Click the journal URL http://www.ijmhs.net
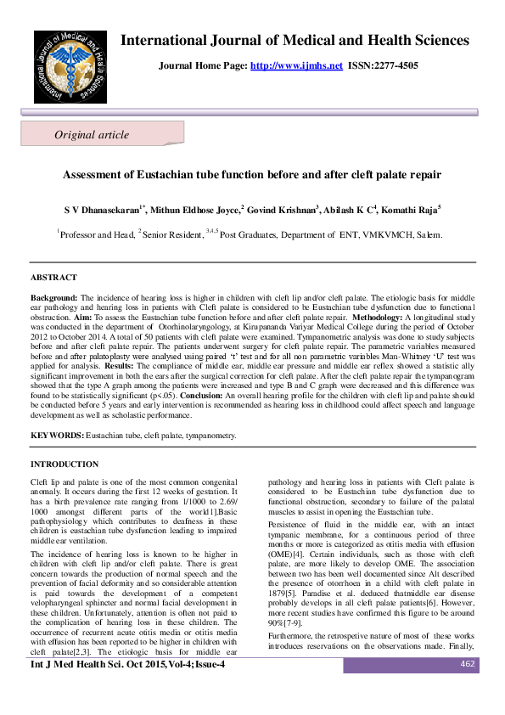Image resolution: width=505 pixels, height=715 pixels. click(297, 65)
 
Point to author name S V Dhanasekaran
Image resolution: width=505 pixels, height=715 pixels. click(99, 209)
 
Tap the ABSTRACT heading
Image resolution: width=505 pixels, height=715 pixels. click(53, 278)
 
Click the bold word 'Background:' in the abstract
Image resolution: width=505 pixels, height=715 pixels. click(54, 298)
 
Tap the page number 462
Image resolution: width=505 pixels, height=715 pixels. click(466, 688)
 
